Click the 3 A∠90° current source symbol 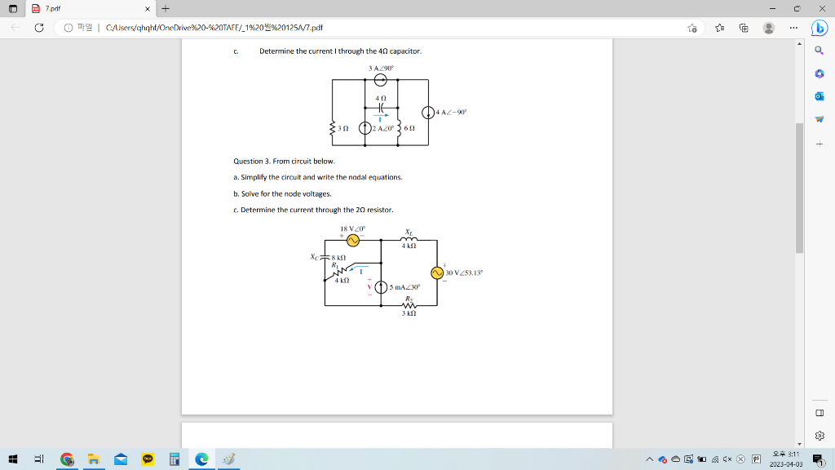point(380,80)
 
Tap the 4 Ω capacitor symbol point(380,108)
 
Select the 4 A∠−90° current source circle point(428,112)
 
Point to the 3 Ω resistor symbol point(333,128)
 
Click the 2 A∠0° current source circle point(364,128)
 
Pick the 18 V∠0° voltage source point(352,241)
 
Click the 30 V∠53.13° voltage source point(437,273)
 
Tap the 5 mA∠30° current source point(380,287)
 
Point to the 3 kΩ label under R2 point(410,313)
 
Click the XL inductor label point(409,232)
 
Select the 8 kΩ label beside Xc point(339,257)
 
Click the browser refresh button point(38,27)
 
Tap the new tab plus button point(165,8)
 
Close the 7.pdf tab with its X point(148,8)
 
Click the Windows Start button point(14,459)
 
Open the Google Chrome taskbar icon point(67,459)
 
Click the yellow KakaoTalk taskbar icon point(148,459)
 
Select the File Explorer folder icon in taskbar point(94,459)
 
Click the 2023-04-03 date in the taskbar point(785,463)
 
